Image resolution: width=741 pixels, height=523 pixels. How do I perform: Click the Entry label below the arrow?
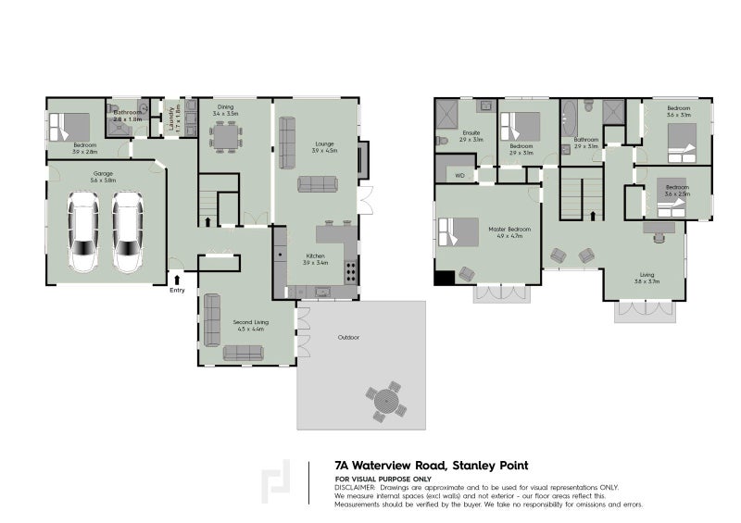177,291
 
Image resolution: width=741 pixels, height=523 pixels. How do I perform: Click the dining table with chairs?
226,136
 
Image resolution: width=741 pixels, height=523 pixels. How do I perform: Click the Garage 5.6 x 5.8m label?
103,177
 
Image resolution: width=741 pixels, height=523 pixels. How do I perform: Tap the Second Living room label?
245,325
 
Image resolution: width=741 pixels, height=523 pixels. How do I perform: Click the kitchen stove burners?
352,272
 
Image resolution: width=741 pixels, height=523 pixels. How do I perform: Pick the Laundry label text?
172,119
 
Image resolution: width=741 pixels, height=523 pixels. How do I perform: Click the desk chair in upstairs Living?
659,235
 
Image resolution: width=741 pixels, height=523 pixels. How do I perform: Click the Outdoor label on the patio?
349,339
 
